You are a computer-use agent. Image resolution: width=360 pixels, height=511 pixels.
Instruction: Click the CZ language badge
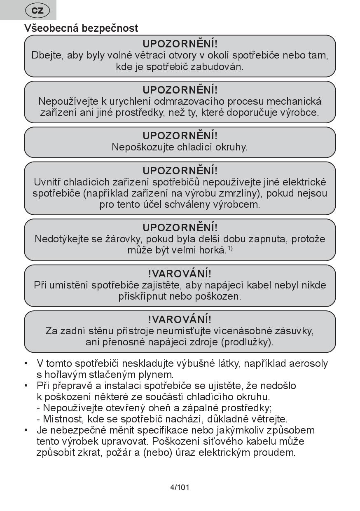pos(37,10)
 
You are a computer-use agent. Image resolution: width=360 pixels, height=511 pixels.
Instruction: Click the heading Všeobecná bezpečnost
pos(81,28)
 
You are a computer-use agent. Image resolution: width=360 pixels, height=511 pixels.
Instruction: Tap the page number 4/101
pos(180,488)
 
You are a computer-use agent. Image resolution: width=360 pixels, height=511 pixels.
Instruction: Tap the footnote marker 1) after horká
pos(230,248)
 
